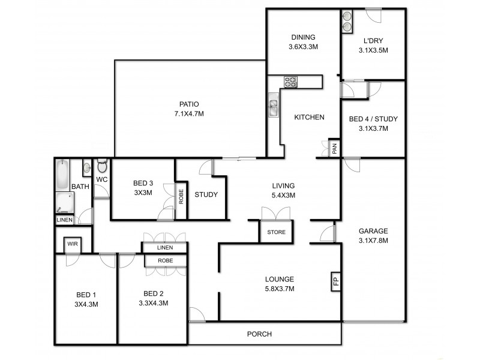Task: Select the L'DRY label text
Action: click(373, 41)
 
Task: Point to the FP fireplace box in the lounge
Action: click(334, 281)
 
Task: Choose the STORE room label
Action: click(277, 232)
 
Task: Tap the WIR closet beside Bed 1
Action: click(73, 244)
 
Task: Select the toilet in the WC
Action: click(101, 166)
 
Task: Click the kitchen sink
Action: click(273, 107)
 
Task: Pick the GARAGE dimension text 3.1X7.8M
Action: click(373, 241)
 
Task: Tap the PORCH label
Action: click(259, 334)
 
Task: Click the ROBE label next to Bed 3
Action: click(181, 197)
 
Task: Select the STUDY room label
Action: click(206, 194)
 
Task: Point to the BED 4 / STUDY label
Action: click(373, 119)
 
